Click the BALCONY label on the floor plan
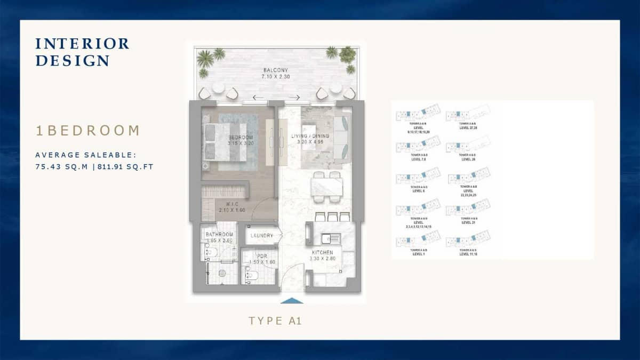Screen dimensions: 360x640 point(275,70)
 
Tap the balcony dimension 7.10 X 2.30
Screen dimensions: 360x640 point(275,77)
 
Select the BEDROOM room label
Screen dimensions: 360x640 point(233,137)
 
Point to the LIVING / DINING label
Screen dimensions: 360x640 point(310,137)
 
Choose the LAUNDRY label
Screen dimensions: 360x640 point(262,235)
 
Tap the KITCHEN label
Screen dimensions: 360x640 point(323,252)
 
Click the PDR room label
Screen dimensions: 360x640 point(255,256)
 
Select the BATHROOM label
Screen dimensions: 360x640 point(219,235)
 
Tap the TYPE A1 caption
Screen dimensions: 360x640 point(276,321)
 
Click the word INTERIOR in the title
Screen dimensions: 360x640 point(82,44)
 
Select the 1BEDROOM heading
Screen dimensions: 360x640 point(87,131)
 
